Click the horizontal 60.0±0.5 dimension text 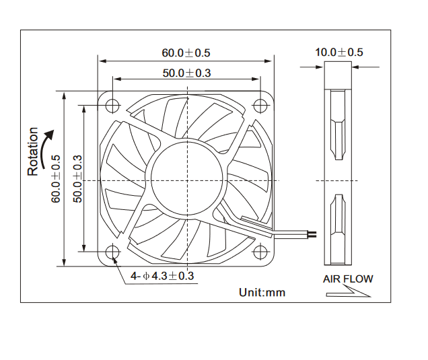186,52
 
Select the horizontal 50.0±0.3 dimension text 186,73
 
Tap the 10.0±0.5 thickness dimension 338,52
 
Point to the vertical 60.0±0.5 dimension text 57,178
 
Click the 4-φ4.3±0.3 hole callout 162,275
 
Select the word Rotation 33,152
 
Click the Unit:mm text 262,292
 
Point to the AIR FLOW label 347,279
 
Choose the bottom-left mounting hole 112,253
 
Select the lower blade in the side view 337,229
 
